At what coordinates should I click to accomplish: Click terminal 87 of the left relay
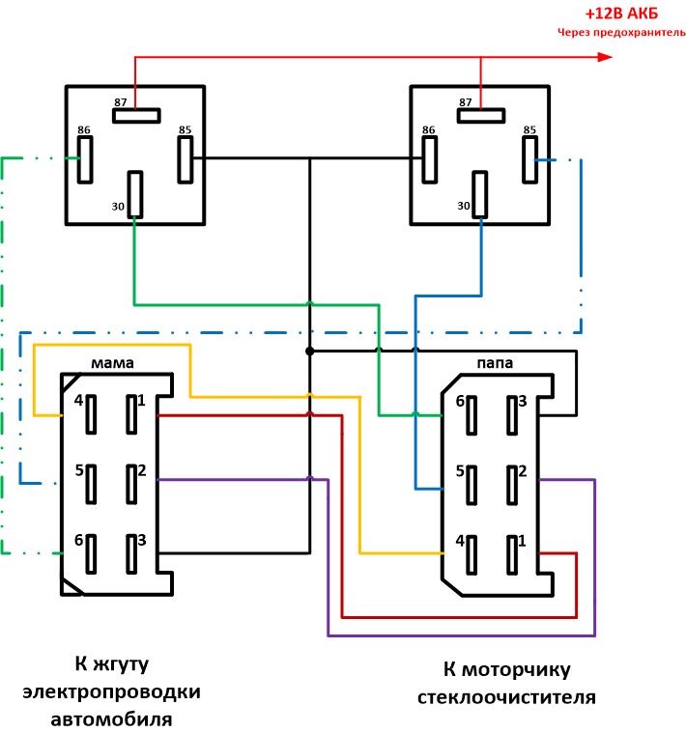coord(135,117)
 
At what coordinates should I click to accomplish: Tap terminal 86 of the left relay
coord(85,157)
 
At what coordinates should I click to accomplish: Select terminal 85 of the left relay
coord(186,158)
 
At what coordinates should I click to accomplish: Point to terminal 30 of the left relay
coord(135,194)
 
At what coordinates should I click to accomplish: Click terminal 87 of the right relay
coord(480,117)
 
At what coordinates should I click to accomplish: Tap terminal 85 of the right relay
coord(530,158)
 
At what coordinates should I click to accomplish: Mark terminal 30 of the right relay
coord(480,194)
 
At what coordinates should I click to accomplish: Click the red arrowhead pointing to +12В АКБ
coord(605,57)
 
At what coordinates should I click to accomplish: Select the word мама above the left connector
coord(113,363)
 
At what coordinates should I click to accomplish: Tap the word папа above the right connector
coord(494,364)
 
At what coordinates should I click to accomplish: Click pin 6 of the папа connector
coord(472,415)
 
